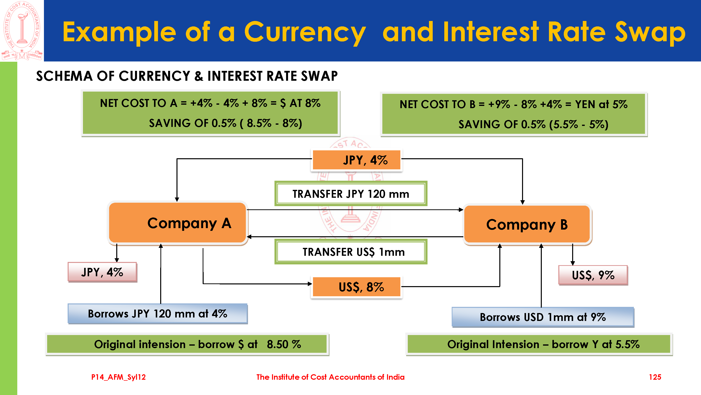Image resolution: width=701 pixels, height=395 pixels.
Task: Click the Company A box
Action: (x=177, y=223)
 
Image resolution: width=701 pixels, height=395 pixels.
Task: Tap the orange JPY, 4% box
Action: (x=356, y=160)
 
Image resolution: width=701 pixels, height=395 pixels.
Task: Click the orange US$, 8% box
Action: (x=356, y=287)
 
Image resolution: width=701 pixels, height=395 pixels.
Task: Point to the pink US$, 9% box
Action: (x=593, y=275)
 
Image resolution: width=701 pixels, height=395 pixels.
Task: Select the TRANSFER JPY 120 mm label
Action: (x=350, y=194)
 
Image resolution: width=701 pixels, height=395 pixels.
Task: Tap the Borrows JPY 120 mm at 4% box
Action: (x=157, y=314)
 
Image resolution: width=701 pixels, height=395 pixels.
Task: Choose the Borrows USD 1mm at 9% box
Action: (x=543, y=317)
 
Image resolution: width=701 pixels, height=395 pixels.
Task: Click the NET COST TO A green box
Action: (x=210, y=113)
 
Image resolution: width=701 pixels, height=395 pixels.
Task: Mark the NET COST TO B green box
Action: (x=513, y=114)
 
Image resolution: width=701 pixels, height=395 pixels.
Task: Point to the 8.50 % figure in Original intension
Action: (x=284, y=344)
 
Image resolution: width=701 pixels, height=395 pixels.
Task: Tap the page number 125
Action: (x=655, y=377)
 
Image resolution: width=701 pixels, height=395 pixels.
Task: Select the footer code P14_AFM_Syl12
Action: (x=118, y=377)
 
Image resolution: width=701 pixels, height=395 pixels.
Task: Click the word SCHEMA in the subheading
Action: (x=64, y=76)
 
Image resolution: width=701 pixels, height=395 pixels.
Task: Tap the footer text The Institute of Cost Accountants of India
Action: (x=330, y=377)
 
